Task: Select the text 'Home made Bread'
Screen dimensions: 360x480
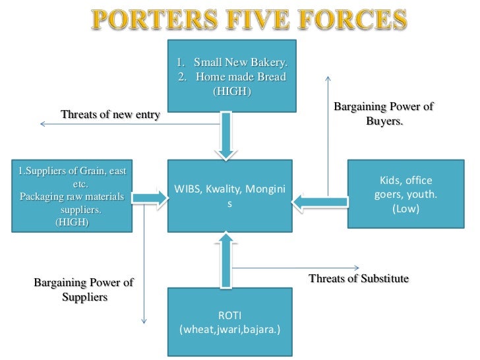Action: pos(241,77)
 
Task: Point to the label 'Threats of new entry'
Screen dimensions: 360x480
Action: pos(110,115)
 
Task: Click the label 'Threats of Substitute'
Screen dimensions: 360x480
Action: pos(359,278)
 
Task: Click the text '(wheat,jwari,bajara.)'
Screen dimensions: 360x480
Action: pos(230,327)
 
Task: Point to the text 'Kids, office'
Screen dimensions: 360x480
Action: pos(405,180)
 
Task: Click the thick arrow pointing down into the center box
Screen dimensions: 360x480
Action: pos(225,135)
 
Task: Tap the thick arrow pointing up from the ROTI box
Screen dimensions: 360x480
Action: pos(225,258)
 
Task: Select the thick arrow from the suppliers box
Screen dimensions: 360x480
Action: pos(149,196)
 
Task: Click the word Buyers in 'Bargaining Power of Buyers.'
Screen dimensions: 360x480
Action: pos(384,121)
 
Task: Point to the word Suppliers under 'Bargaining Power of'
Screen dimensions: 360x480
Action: pos(84,297)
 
